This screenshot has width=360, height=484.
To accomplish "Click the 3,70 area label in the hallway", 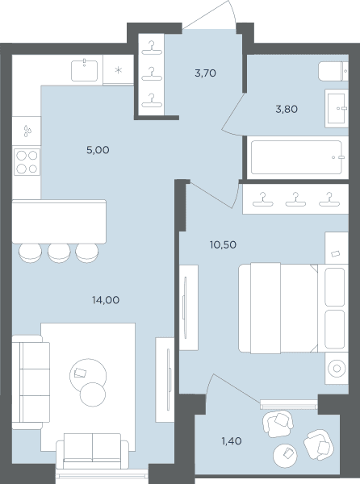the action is (205, 73).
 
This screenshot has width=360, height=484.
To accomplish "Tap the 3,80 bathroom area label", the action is (287, 109).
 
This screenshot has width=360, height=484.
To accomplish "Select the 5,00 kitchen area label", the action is (98, 150).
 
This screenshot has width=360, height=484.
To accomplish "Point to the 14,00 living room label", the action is (106, 300).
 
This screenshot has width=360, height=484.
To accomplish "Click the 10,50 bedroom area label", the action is (223, 244).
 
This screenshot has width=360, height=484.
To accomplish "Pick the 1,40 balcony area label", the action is (232, 440).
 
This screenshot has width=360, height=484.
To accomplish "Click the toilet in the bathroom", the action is (333, 71).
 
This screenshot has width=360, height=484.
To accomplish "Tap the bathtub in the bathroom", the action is (296, 157).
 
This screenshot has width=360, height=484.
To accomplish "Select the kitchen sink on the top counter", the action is (84, 71).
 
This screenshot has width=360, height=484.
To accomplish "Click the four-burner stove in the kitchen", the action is (27, 162).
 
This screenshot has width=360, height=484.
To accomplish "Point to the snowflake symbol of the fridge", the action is (118, 70).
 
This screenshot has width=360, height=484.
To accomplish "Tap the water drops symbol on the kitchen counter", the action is (27, 131).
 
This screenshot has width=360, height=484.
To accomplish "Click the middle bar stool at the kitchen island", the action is (59, 252).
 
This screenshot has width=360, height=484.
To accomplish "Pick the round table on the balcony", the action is (285, 456).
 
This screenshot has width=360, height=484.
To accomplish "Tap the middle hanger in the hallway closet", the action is (152, 73).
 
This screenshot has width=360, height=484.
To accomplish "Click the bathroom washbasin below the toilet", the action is (337, 108).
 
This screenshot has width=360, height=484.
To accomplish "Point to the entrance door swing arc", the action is (233, 10).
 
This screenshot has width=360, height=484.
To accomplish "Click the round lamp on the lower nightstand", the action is (337, 369).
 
